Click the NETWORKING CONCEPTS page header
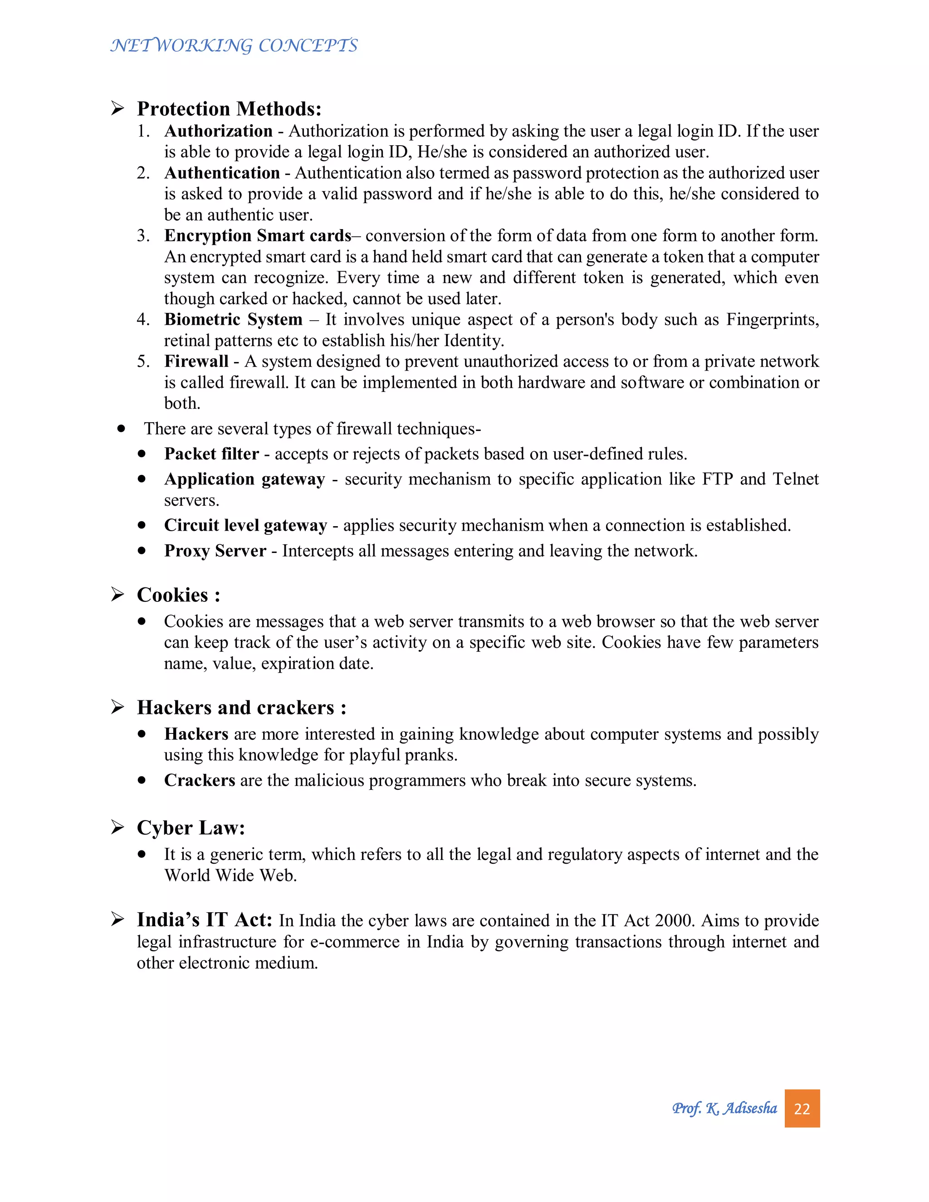coord(234,45)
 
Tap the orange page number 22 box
coord(802,1108)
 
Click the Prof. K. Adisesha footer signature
coord(724,1108)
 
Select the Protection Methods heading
coord(229,109)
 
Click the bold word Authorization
coord(219,131)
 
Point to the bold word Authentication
coord(222,173)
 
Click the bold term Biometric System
coord(233,319)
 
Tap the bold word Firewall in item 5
coord(196,361)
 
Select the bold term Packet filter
coord(211,454)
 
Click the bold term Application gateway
coord(244,479)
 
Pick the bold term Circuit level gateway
coord(245,525)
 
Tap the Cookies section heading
coord(178,595)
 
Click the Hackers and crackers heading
coord(241,707)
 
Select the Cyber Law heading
coord(191,828)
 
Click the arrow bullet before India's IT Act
coord(117,919)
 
